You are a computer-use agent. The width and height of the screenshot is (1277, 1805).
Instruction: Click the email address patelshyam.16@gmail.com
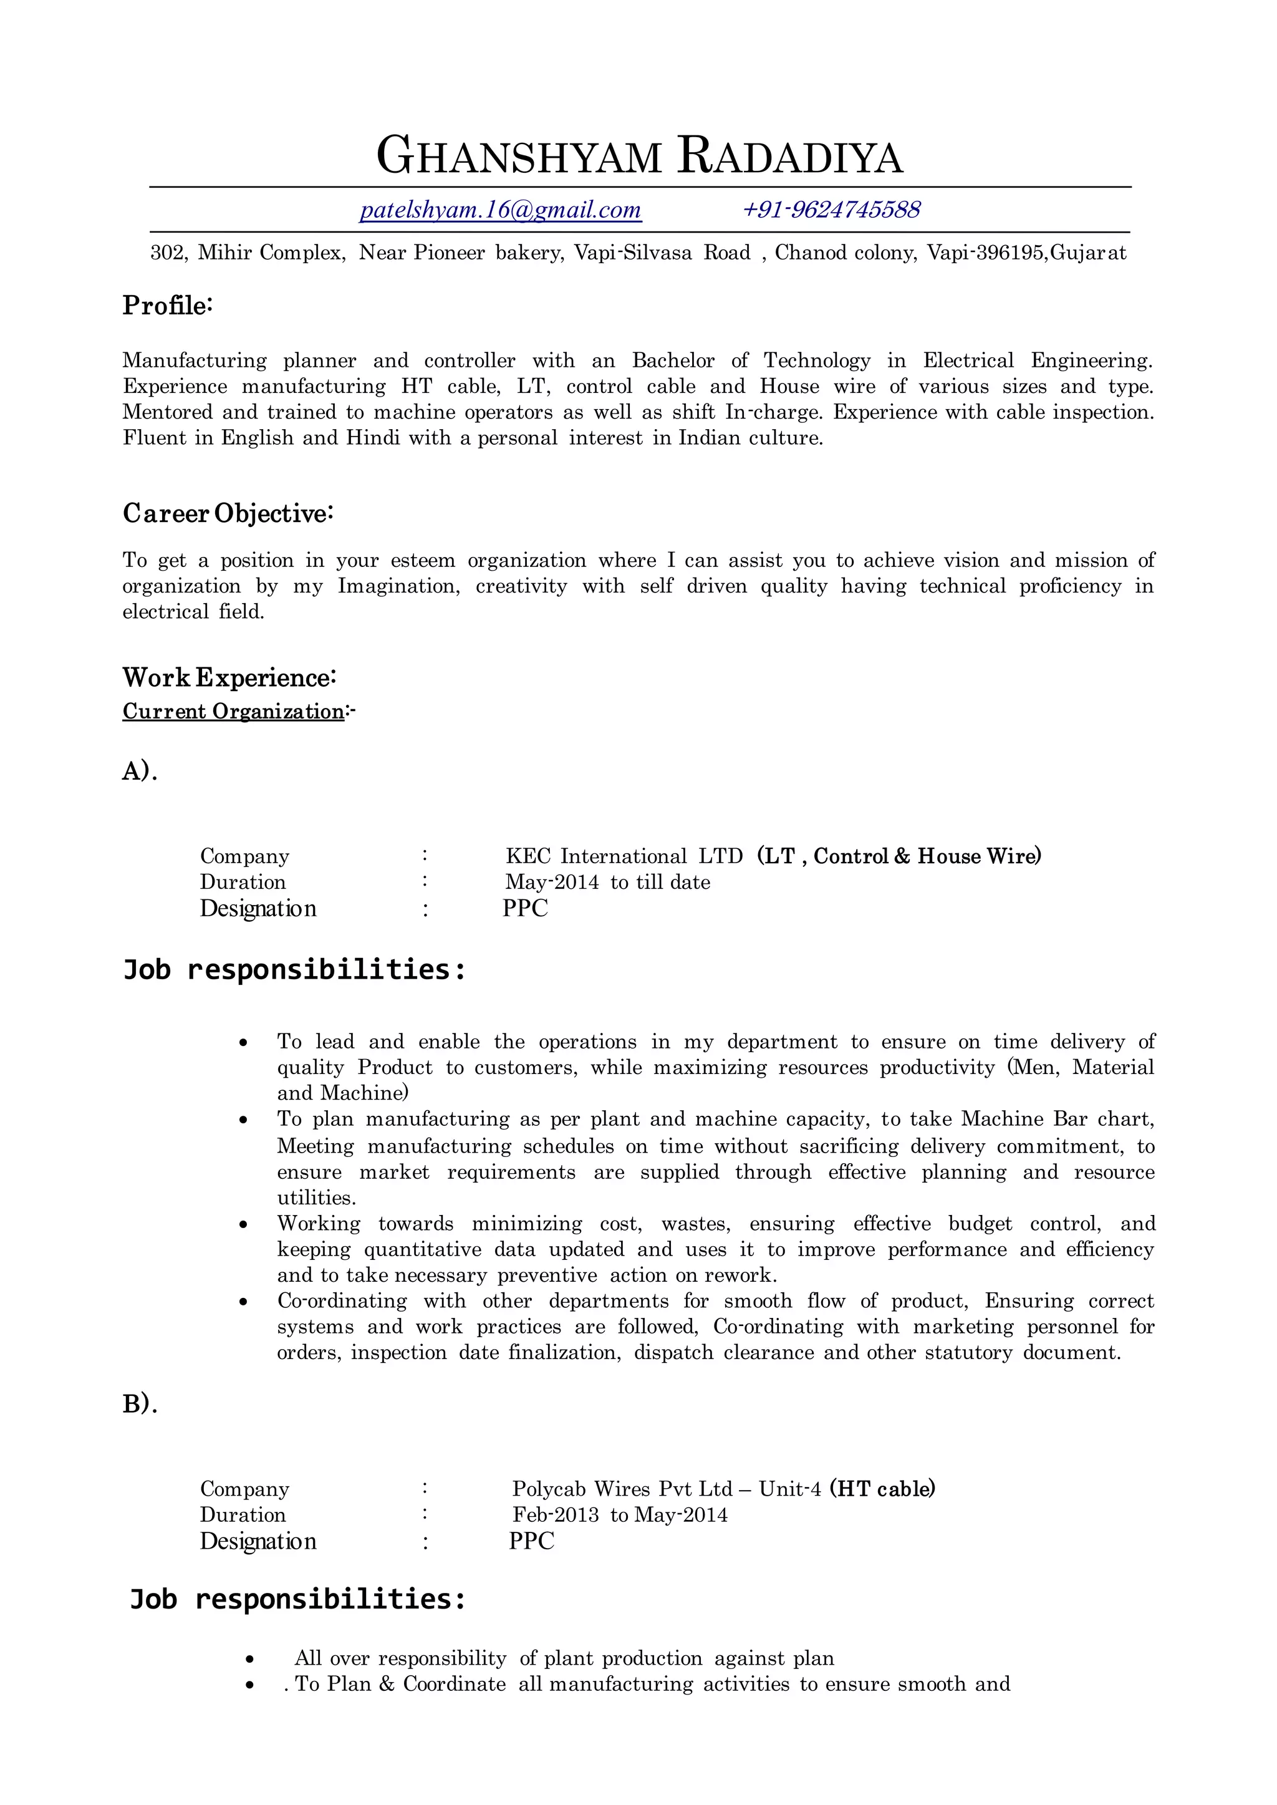click(x=500, y=210)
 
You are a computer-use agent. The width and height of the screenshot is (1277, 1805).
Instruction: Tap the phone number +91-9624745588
click(x=831, y=210)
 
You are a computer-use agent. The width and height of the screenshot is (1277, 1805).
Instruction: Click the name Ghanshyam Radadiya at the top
click(x=639, y=156)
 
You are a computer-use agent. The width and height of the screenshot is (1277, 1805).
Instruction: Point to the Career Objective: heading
click(x=228, y=513)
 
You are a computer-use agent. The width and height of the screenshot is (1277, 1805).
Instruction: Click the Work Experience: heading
click(x=229, y=677)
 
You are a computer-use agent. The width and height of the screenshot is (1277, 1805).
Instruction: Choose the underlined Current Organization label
click(x=234, y=711)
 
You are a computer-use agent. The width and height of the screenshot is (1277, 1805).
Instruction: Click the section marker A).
click(x=140, y=772)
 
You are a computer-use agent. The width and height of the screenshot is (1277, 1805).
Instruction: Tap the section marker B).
click(x=140, y=1404)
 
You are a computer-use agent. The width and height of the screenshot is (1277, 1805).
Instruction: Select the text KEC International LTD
click(x=624, y=856)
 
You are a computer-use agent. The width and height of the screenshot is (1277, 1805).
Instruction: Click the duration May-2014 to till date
click(x=607, y=882)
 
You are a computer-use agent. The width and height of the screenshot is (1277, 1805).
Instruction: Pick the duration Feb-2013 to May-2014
click(x=620, y=1515)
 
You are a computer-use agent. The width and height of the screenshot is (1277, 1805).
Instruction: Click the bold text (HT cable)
click(x=882, y=1489)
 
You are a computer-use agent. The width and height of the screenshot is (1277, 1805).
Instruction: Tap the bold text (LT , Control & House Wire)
click(x=899, y=856)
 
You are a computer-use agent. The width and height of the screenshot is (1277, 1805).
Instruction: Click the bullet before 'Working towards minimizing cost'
click(x=244, y=1224)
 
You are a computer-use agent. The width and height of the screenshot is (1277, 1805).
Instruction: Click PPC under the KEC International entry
click(x=525, y=907)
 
